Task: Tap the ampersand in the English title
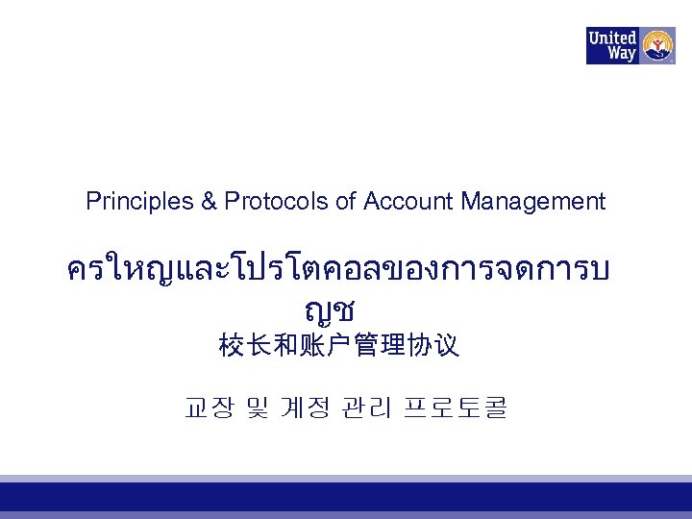209,201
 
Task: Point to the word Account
408,201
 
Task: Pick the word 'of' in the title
346,201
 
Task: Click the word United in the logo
612,37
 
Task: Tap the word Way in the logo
621,54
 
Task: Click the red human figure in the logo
658,43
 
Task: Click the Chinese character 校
232,345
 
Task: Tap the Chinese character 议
447,345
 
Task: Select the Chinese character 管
366,345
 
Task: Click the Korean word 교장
208,408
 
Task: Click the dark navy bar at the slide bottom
346,496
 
